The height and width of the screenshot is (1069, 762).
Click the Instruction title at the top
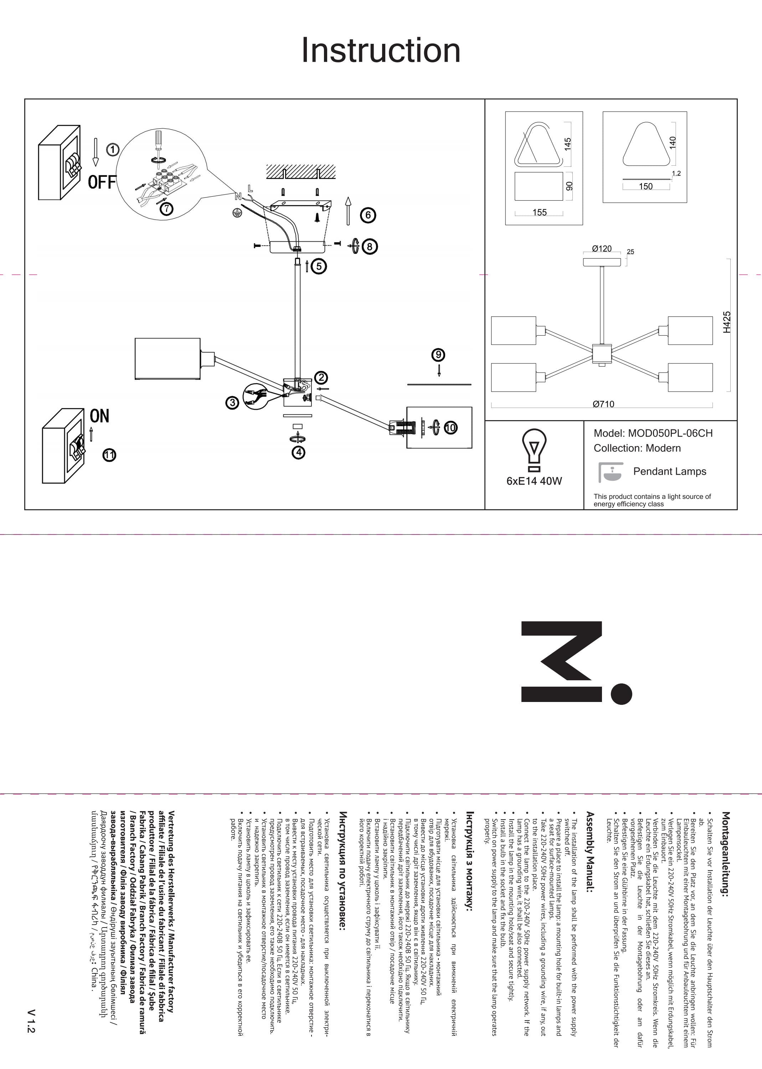point(381,50)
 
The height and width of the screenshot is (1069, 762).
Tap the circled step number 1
point(113,150)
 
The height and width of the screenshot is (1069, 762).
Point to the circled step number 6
point(368,215)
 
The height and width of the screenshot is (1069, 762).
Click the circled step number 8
point(370,246)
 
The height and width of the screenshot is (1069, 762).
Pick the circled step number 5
point(319,267)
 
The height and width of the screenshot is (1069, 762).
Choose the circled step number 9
point(438,355)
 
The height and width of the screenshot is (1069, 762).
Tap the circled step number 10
point(450,427)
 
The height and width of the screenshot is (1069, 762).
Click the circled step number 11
point(109,455)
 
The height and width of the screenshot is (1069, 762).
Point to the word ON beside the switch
point(99,416)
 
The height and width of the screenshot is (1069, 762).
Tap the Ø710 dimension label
point(603,404)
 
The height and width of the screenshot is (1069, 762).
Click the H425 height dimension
point(726,322)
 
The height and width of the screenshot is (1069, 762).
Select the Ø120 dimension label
point(602,249)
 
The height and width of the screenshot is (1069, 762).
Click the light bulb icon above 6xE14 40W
point(534,451)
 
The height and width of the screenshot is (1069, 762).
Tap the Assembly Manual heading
point(590,851)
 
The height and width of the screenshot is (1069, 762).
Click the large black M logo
point(575,662)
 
